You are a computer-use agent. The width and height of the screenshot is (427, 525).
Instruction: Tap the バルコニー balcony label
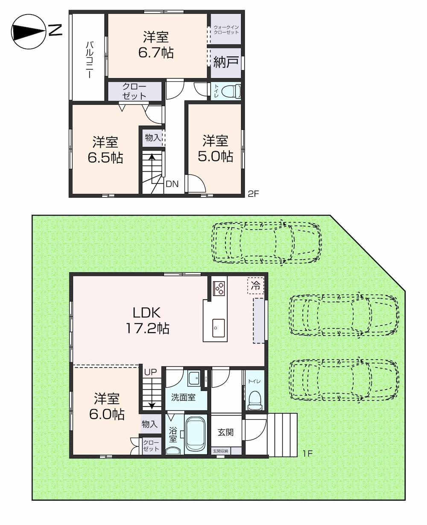tap(89, 60)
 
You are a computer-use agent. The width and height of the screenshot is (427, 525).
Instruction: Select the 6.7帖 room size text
tap(156, 53)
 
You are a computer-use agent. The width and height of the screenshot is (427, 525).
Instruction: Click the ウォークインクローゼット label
tap(226, 30)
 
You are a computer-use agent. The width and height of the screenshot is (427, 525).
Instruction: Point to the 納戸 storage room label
tap(226, 62)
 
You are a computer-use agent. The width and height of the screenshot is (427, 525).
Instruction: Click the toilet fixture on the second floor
tap(231, 91)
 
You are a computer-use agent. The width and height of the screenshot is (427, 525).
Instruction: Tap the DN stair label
tap(172, 184)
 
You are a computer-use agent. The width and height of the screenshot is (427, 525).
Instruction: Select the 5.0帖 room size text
tap(216, 156)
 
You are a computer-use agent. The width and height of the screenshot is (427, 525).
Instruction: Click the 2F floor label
tap(254, 194)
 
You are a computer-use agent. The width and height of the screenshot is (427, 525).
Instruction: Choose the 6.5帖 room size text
tap(105, 157)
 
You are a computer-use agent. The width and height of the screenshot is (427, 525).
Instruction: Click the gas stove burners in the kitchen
tap(219, 288)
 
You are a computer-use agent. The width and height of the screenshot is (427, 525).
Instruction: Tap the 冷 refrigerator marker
tap(255, 286)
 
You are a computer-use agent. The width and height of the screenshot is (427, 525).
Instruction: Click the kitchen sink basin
tap(219, 328)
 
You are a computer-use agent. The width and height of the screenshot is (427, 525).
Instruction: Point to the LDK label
tap(147, 313)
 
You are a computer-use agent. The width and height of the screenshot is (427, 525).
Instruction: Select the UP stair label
tap(150, 372)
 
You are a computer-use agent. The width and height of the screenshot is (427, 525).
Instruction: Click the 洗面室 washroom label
tap(183, 397)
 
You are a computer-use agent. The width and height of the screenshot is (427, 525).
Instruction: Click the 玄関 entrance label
tap(225, 432)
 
